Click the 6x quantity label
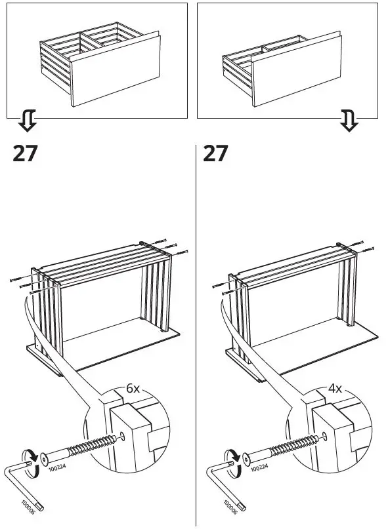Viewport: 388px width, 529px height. coord(133,388)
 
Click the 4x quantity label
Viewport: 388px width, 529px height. coord(335,388)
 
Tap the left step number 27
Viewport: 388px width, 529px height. coord(26,153)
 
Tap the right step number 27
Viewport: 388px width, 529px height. coord(216,153)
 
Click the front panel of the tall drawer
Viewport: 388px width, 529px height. coord(115,71)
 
